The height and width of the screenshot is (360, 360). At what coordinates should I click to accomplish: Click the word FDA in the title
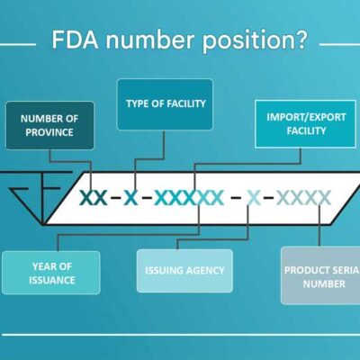tap(75, 40)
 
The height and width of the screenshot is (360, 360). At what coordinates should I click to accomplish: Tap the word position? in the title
tap(255, 42)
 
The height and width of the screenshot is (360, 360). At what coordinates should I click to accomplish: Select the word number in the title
tap(150, 40)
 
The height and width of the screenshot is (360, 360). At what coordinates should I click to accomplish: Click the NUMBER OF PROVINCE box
tap(49, 125)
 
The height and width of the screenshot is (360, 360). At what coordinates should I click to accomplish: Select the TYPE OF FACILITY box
tap(165, 104)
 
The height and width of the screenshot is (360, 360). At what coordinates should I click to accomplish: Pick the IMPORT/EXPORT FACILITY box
tap(306, 124)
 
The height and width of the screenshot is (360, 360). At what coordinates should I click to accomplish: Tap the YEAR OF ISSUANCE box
tap(51, 273)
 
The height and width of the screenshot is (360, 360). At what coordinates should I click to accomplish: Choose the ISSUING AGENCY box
tap(184, 271)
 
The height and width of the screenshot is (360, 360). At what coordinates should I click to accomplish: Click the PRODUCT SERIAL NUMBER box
tap(320, 275)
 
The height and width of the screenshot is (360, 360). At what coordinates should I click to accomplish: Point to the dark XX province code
tap(94, 198)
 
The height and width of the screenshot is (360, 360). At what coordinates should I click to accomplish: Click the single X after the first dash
tap(131, 198)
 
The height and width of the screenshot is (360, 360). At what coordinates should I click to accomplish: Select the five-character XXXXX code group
tap(189, 198)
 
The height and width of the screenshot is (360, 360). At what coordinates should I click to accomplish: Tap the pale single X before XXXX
tap(254, 198)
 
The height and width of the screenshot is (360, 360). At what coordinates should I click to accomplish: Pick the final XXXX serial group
tap(303, 198)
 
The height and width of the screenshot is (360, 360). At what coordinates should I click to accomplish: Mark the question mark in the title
tap(300, 40)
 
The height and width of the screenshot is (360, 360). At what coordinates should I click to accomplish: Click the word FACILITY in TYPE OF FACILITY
tap(186, 103)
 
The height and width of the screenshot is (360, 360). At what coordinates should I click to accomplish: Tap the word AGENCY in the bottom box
tap(205, 271)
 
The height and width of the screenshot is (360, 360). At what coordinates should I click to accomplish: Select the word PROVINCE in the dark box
tap(49, 132)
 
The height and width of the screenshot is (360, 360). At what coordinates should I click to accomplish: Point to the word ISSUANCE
tap(51, 280)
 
